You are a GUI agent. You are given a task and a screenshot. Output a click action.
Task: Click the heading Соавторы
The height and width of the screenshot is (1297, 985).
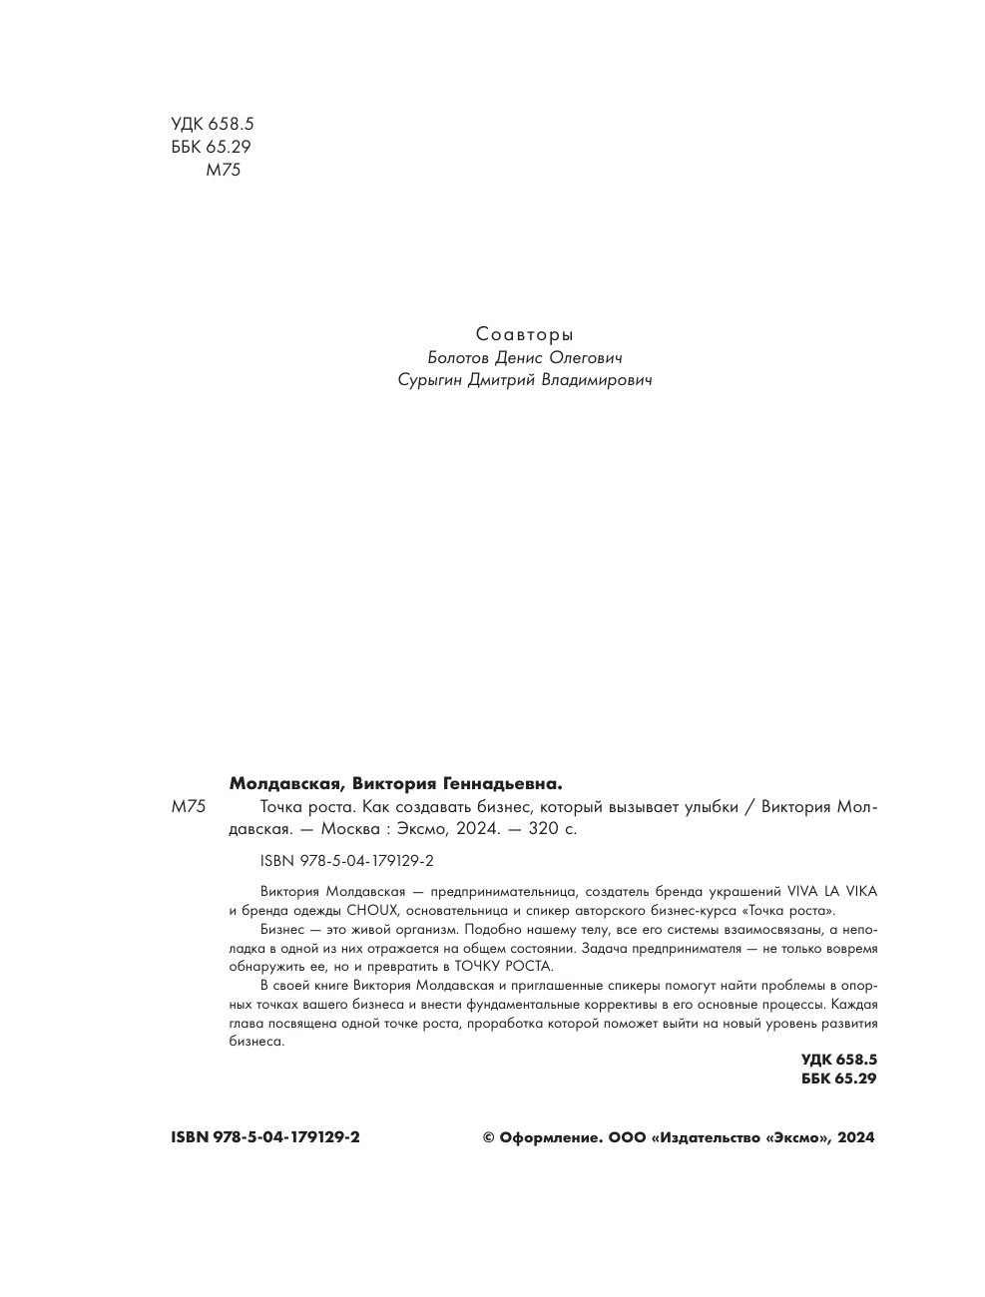pos(524,334)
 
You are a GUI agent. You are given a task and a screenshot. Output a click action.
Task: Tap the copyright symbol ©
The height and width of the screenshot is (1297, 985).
pos(489,1137)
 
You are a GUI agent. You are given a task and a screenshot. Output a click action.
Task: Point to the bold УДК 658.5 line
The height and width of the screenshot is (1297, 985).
pos(838,1060)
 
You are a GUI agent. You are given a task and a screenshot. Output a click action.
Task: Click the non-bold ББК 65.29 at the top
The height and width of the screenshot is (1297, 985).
pos(211,147)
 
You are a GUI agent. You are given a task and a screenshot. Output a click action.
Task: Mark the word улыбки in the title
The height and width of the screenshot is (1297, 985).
pos(706,807)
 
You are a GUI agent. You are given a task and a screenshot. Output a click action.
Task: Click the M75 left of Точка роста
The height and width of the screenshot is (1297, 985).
pos(189,807)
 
